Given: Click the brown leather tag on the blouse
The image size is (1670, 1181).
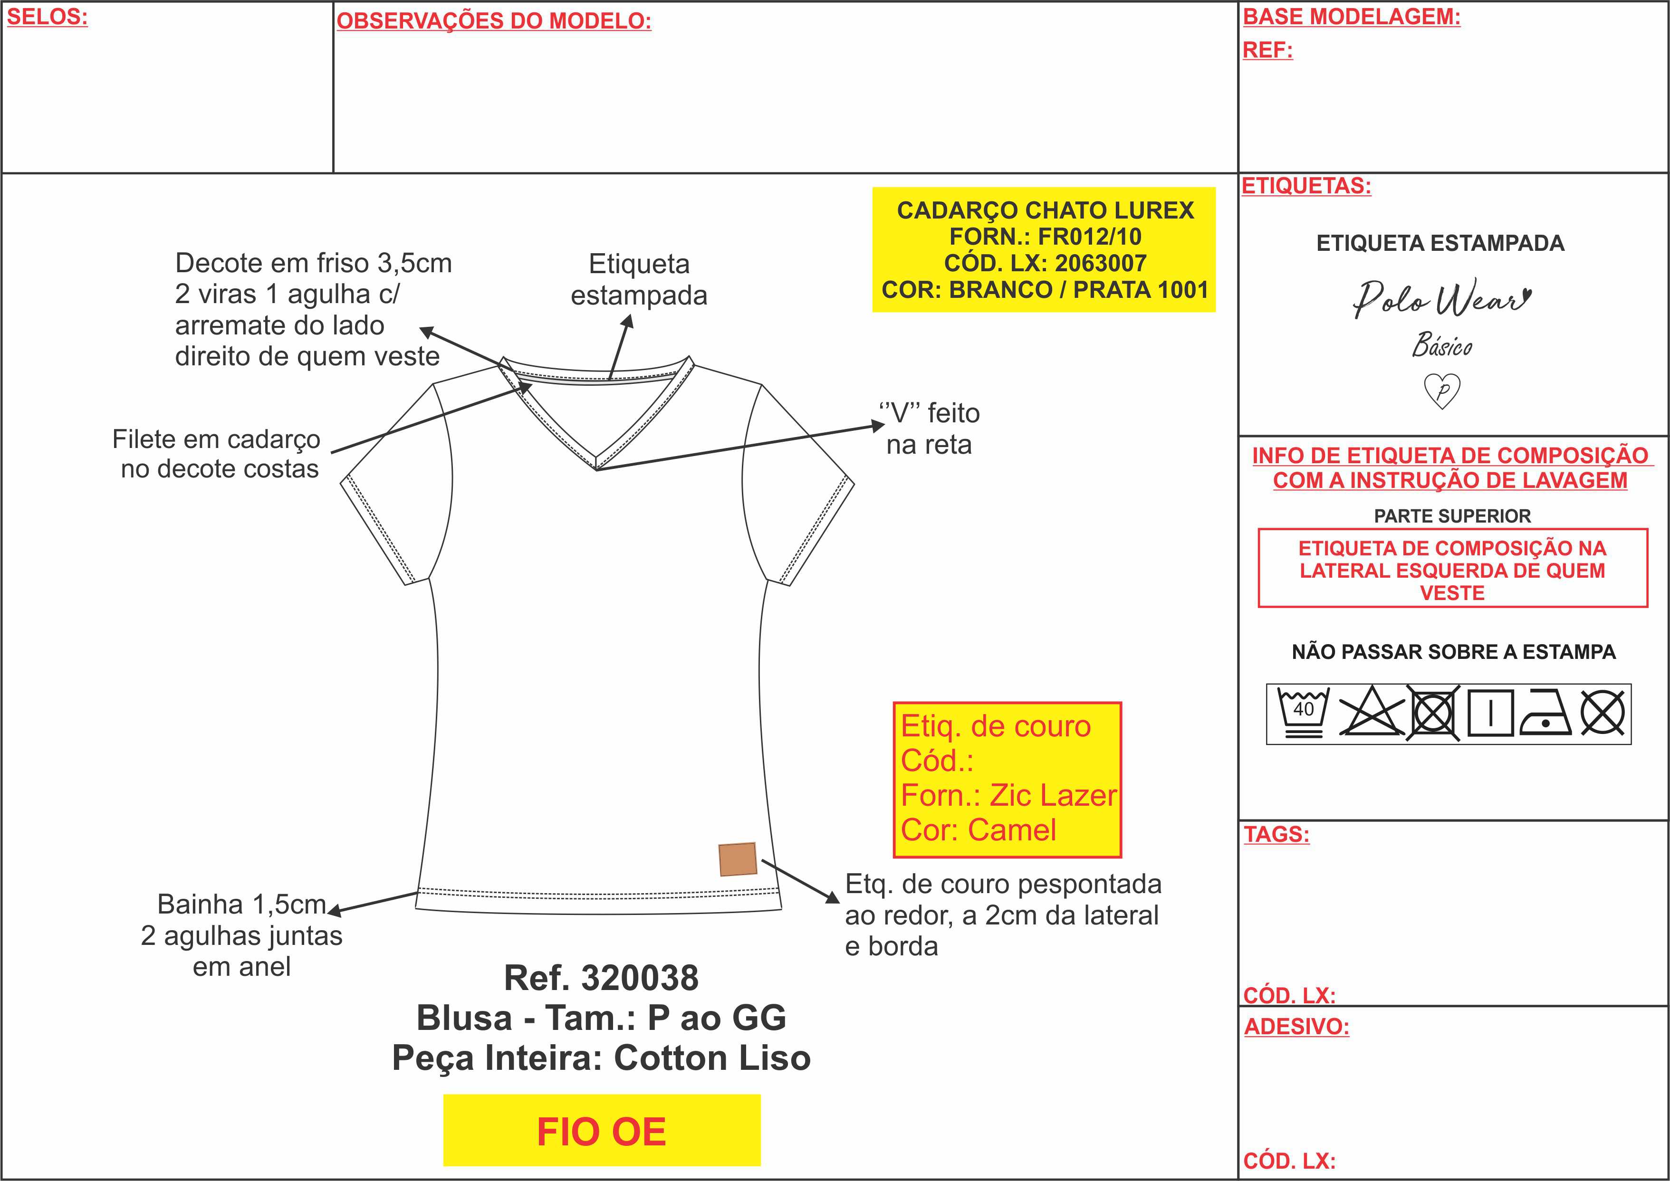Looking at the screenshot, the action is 738,859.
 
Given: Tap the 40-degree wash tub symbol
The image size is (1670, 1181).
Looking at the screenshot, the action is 1304,713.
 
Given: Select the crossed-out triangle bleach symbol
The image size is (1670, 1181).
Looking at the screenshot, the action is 1372,711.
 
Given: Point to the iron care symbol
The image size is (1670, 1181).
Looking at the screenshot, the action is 1545,711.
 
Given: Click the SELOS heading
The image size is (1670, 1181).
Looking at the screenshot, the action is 47,17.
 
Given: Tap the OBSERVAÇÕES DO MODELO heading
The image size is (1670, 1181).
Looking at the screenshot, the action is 494,21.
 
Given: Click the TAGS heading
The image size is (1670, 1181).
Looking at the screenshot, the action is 1276,834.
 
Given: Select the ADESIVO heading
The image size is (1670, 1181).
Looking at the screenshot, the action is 1296,1027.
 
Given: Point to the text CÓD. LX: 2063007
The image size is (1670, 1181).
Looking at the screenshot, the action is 1045,263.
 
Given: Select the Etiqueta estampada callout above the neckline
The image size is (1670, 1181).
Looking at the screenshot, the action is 639,280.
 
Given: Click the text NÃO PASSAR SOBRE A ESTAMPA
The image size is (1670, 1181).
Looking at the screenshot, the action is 1453,652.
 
